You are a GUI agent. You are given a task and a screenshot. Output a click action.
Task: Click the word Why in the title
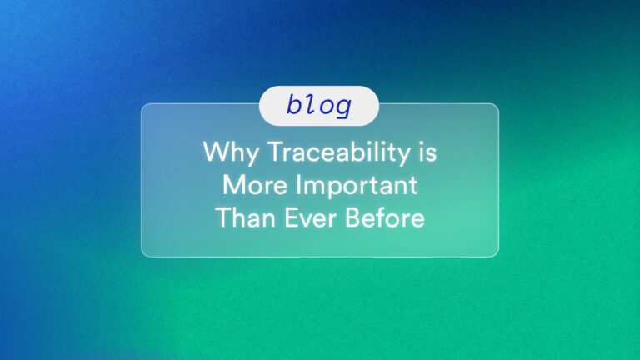[x=231, y=153]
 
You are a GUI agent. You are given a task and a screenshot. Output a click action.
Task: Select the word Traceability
[x=339, y=153]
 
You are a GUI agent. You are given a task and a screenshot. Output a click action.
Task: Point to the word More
[x=255, y=184]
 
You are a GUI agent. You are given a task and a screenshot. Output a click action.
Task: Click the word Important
[x=357, y=184]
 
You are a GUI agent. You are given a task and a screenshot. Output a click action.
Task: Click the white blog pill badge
[x=319, y=106]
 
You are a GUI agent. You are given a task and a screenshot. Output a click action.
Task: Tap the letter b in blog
[x=294, y=104]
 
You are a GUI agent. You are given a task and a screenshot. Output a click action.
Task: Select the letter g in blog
[x=342, y=107]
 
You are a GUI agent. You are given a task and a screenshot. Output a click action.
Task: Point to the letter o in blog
[x=327, y=106]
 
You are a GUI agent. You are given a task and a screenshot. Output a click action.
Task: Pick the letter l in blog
[x=311, y=104]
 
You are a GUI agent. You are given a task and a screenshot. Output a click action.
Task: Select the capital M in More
[x=233, y=184]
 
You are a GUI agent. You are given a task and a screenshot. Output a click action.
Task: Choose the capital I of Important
[x=298, y=184]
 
